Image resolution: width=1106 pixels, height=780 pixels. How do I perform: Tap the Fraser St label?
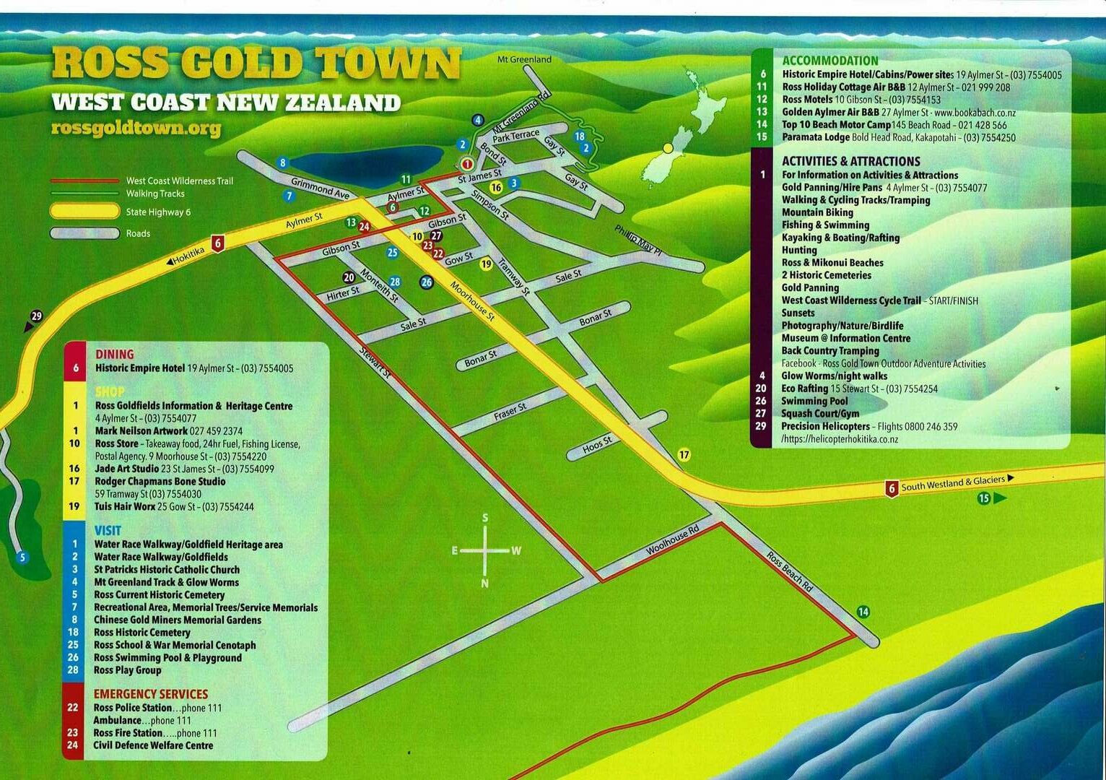[x=510, y=412]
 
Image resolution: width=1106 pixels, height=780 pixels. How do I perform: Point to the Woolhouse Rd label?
[x=672, y=540]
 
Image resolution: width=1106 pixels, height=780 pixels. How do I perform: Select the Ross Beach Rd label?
[x=790, y=573]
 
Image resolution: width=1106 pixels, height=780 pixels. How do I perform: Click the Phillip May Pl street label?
[x=638, y=240]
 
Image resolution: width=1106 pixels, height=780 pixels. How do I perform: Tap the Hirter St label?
[x=343, y=292]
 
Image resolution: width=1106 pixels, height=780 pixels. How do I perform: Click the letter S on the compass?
[x=485, y=518]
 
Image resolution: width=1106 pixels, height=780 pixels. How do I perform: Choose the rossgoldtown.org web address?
[x=136, y=129]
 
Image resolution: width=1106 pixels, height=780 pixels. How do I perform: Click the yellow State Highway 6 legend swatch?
[x=84, y=212]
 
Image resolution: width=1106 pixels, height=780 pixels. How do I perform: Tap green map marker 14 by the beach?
[x=863, y=612]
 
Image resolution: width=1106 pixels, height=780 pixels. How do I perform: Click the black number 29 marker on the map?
[x=37, y=316]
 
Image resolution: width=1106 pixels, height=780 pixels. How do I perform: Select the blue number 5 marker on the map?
[x=22, y=557]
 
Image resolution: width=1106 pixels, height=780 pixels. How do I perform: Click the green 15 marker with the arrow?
[x=984, y=498]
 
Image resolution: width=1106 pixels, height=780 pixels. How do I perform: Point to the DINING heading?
[x=115, y=354]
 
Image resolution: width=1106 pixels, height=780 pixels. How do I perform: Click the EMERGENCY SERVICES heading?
[x=150, y=694]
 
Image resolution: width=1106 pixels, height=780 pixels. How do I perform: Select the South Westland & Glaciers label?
[x=953, y=482]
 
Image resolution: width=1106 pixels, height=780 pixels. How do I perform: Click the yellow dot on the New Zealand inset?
[x=668, y=148]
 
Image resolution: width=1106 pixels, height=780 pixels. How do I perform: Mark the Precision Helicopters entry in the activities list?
[x=826, y=426]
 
